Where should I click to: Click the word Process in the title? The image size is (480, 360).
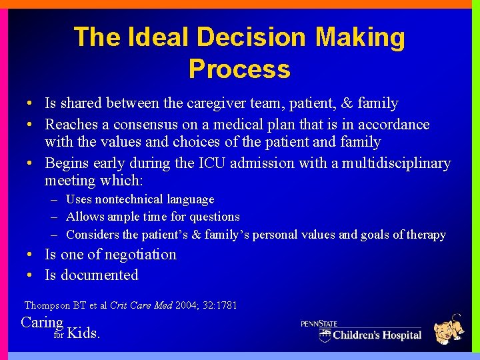click(x=239, y=69)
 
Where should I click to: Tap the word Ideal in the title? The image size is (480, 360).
click(x=149, y=37)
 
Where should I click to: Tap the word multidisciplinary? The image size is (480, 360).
click(x=396, y=163)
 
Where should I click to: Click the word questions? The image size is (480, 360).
click(x=213, y=217)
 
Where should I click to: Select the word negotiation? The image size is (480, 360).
click(x=133, y=255)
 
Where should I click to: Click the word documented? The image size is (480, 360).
click(x=99, y=275)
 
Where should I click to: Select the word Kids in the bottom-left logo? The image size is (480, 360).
click(x=84, y=333)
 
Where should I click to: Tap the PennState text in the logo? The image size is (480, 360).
click(x=319, y=323)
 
